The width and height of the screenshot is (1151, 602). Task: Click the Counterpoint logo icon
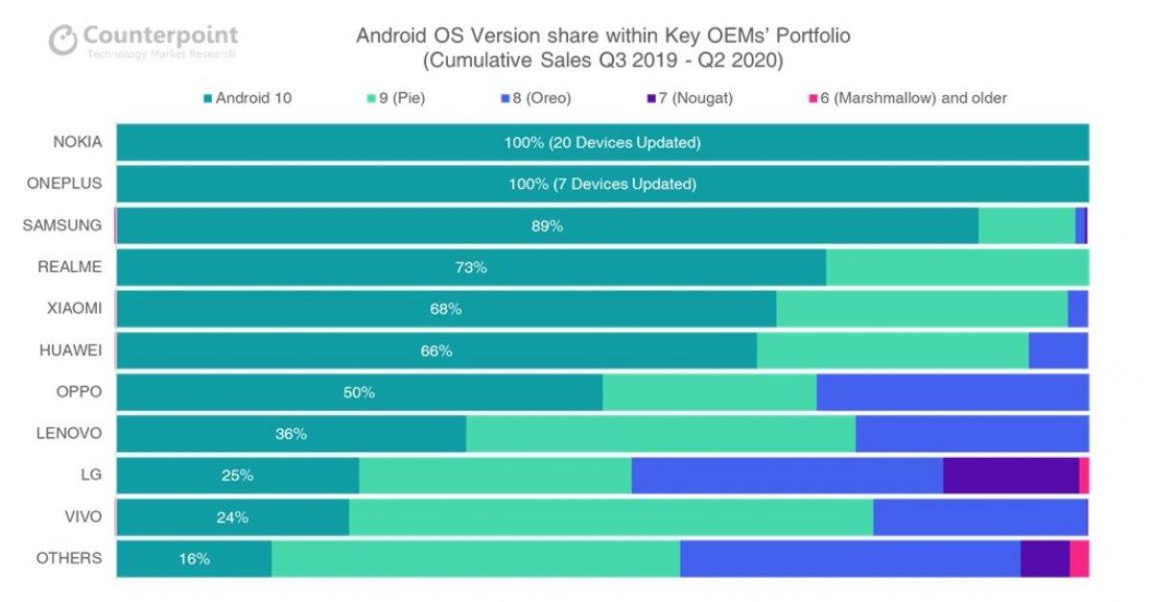coord(62,40)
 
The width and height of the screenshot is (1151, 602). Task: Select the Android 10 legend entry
coord(247,97)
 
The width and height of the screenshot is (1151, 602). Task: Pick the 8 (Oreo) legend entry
coord(541,97)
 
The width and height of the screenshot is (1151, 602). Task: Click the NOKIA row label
coord(77,143)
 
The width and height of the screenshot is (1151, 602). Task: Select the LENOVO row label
coord(69,433)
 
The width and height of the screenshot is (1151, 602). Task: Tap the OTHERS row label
coord(68,558)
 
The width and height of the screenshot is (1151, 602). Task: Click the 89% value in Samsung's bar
coord(547,227)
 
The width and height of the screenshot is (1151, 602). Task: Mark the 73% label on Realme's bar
coord(471,268)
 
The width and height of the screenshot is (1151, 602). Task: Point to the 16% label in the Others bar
coord(194,558)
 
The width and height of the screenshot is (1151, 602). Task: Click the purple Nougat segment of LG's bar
coord(1010,475)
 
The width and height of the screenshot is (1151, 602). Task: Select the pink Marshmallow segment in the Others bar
coord(1079,559)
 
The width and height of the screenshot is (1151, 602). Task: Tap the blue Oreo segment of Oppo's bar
coord(951,393)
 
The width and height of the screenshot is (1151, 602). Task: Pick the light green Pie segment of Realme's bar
coord(956,268)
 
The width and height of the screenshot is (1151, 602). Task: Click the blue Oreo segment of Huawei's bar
coord(1058,351)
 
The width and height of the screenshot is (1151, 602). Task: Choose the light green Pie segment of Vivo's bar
coord(610,518)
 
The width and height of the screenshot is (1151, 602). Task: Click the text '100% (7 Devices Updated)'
coord(602,184)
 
